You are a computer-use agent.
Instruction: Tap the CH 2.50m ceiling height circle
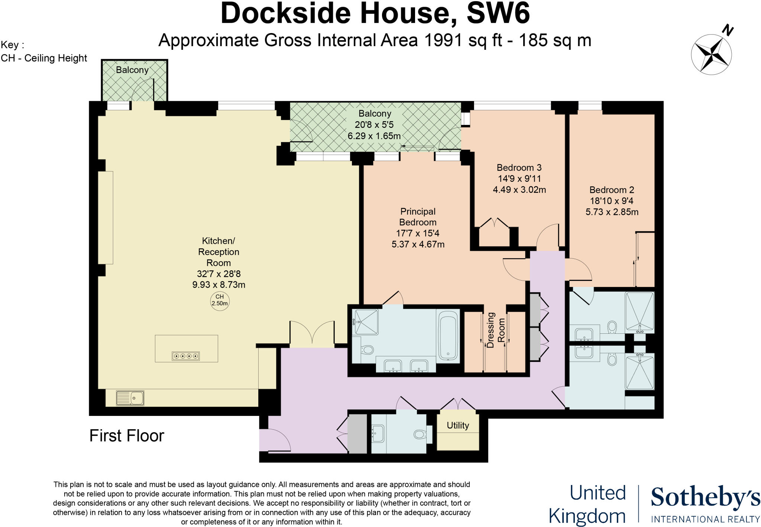(220, 300)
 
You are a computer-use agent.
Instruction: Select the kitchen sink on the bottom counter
(130, 398)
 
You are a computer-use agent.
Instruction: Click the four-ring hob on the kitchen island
(186, 356)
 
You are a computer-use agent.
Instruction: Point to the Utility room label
(457, 425)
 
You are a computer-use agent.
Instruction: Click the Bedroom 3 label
(519, 167)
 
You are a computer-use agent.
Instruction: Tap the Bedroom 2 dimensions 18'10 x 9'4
(612, 201)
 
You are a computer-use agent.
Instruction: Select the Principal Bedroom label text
(418, 217)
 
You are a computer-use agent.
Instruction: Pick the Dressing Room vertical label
(496, 330)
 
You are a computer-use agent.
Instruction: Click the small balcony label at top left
(132, 70)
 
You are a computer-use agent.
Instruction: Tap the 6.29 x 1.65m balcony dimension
(374, 136)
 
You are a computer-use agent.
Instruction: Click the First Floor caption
(127, 436)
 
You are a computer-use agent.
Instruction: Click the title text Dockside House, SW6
(375, 13)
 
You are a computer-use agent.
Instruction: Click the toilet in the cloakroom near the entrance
(420, 434)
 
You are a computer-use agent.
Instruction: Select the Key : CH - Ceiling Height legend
(43, 52)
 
